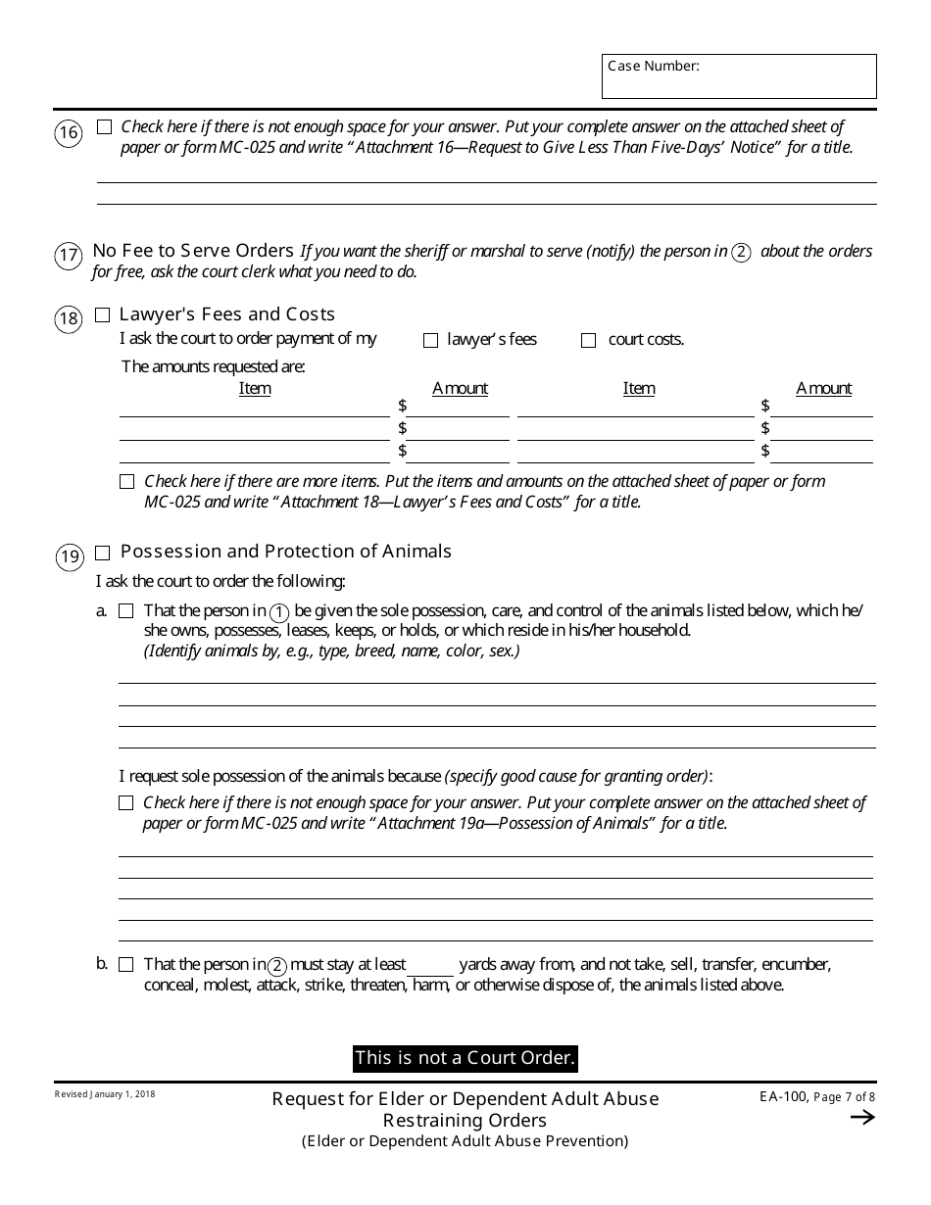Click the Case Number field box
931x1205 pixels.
click(739, 76)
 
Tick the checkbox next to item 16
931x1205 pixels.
click(105, 127)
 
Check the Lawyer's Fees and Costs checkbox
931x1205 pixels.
click(103, 315)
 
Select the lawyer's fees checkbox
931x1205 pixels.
click(430, 341)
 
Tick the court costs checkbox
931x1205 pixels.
click(588, 341)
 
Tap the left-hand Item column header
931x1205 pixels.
click(255, 389)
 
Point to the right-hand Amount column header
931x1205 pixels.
click(823, 389)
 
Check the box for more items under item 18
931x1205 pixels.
click(126, 482)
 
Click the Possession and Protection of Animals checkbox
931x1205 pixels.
click(103, 554)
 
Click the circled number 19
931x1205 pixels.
click(69, 558)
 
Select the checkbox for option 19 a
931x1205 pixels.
click(126, 611)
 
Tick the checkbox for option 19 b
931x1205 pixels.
click(126, 965)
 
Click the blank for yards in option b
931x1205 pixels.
click(431, 966)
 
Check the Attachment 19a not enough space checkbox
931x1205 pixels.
click(126, 803)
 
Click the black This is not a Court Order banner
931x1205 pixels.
click(465, 1058)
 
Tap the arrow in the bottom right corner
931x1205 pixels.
click(862, 1118)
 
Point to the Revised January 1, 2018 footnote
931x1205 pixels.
click(105, 1093)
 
